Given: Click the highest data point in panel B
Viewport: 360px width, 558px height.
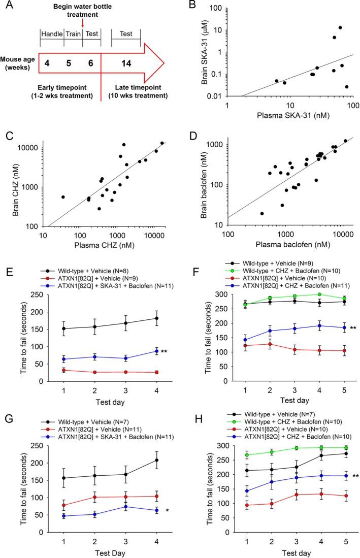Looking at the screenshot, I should coord(340,27).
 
